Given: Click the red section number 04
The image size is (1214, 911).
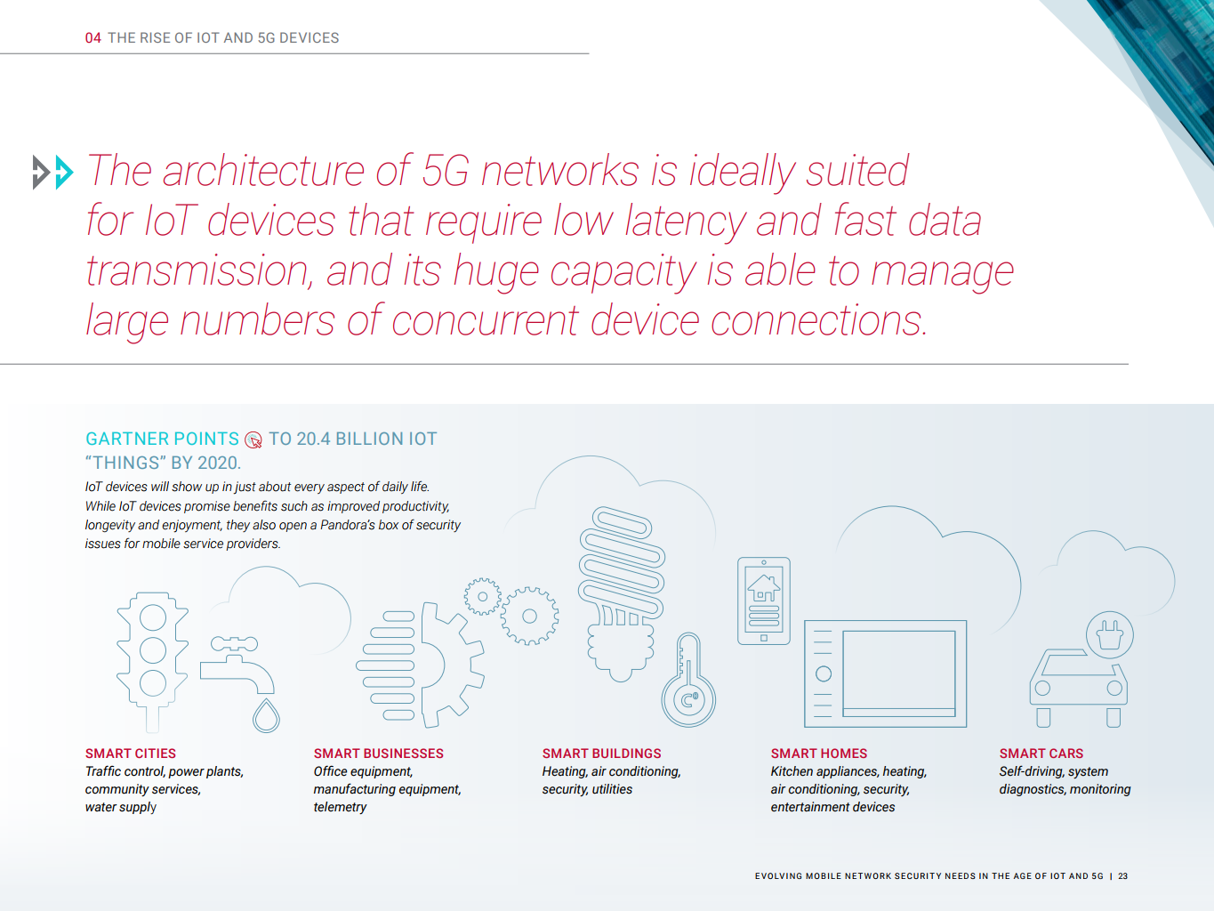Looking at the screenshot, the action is pos(92,37).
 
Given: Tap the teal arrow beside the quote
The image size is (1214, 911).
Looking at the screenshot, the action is pos(64,172).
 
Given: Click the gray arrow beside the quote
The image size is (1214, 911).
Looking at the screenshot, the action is pos(41,172).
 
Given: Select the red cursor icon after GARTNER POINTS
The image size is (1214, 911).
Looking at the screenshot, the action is pos(253,439).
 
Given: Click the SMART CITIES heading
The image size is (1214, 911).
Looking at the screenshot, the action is pos(131,754).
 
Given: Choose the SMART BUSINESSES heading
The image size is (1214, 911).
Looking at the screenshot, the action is pos(378,754).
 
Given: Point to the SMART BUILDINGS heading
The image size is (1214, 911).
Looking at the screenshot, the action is pos(601,754).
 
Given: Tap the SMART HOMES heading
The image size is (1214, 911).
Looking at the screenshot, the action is pos(818,754).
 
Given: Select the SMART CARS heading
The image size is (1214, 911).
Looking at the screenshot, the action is pos(1041,754).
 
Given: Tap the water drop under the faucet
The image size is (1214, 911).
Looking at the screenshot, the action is pos(266,716).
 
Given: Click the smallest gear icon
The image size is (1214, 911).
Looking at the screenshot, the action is pos(482,597).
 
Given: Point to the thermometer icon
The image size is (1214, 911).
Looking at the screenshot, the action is pos(688,680).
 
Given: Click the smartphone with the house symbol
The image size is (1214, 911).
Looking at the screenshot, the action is pos(764,601).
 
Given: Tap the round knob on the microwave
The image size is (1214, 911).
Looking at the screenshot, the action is pos(823,673).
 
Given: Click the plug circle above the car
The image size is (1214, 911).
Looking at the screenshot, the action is pos(1109,634).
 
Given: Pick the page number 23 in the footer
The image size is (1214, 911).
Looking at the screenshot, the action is pos(1122,876).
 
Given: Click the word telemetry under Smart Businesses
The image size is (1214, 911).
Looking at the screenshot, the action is pos(340,807).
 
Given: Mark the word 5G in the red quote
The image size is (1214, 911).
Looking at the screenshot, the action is pos(446,170).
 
